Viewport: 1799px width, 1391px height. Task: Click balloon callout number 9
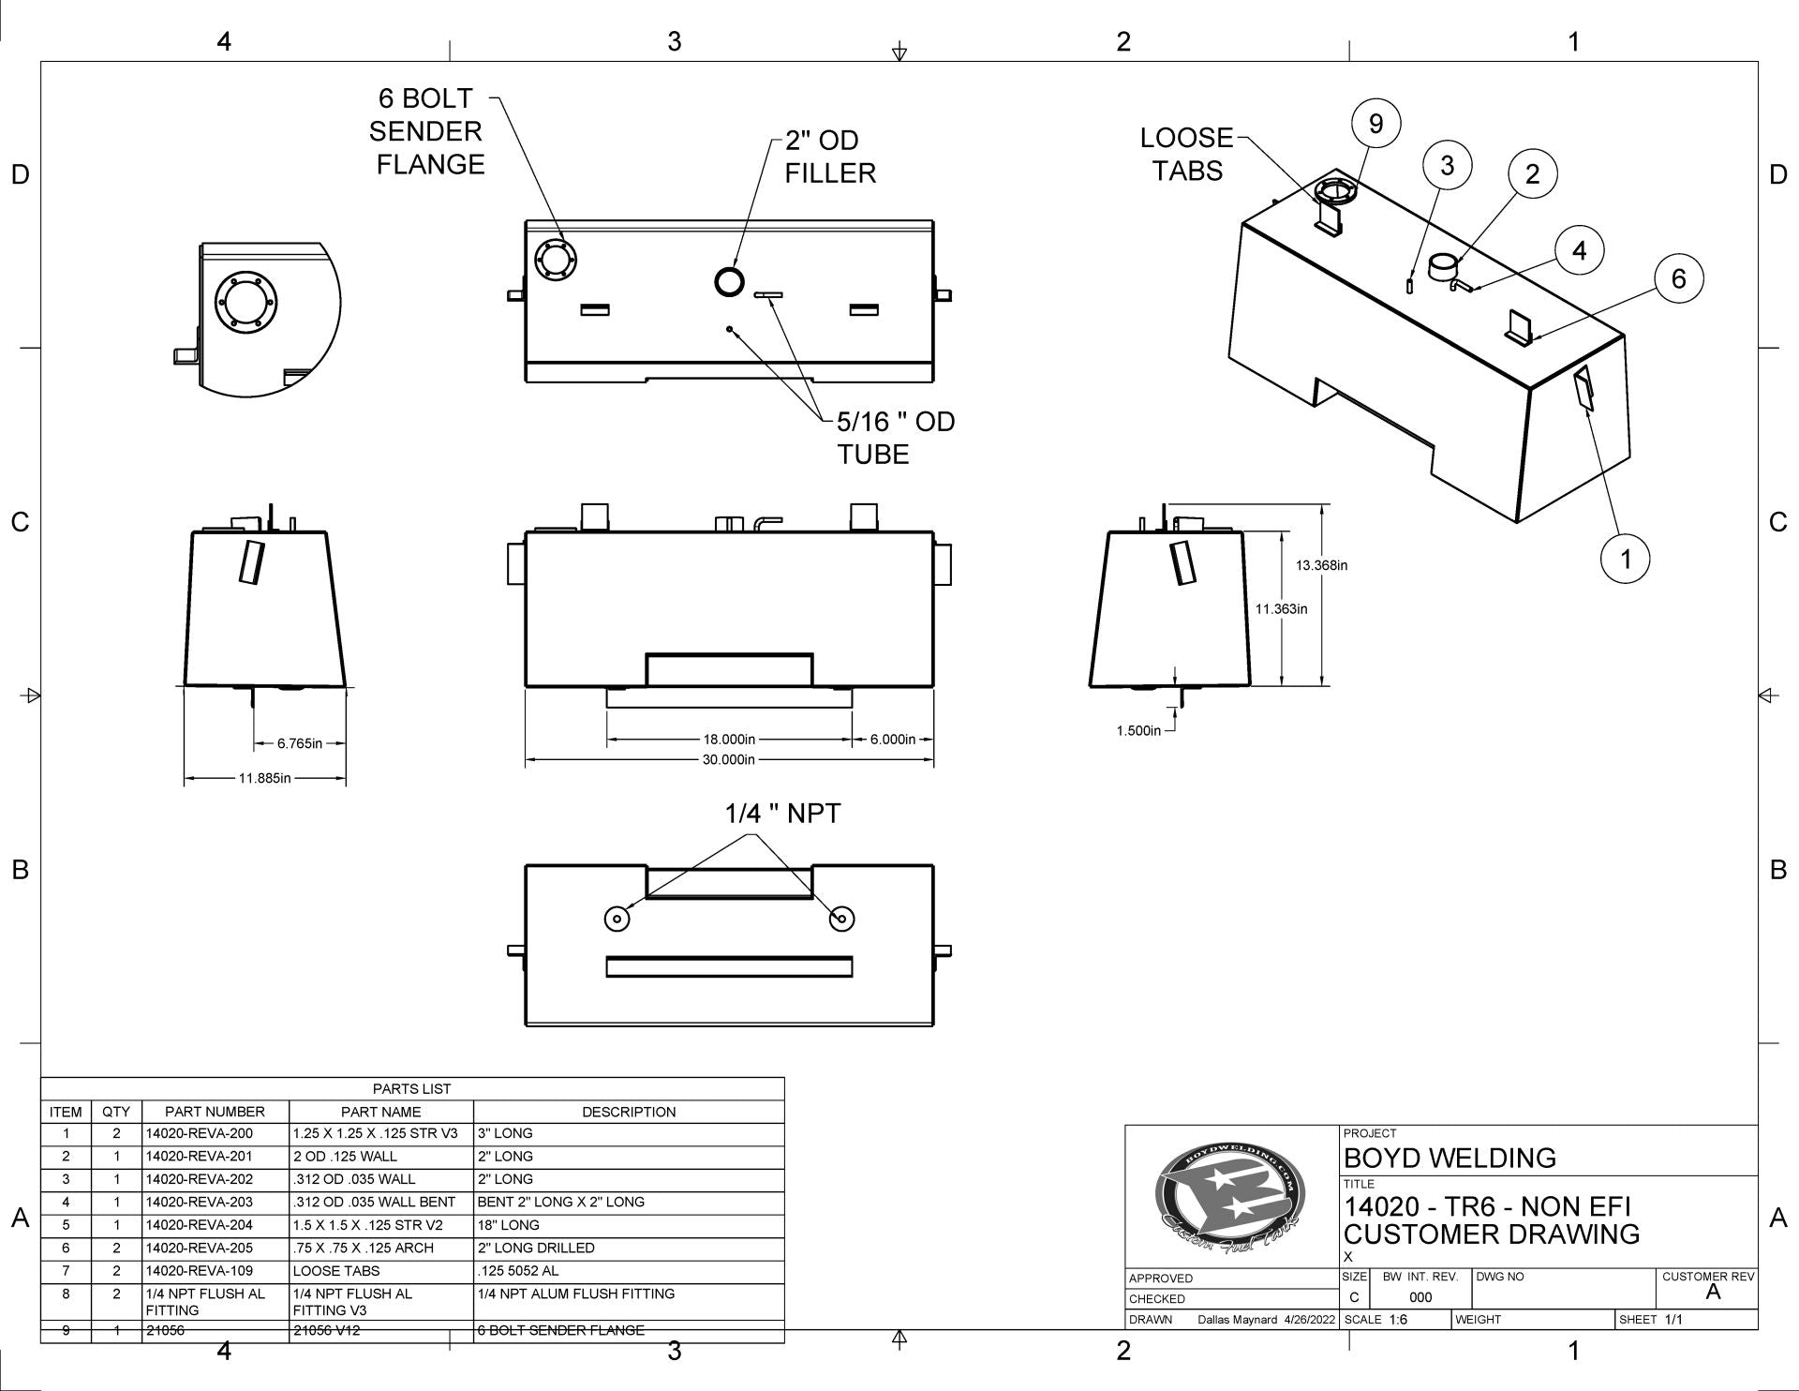click(x=1375, y=124)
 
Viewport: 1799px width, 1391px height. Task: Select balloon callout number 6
click(x=1678, y=278)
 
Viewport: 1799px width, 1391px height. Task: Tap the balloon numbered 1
click(x=1625, y=560)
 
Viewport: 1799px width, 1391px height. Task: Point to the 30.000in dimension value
click(x=728, y=759)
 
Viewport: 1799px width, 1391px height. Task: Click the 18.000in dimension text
click(x=729, y=740)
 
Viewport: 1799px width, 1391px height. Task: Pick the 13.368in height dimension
click(x=1321, y=565)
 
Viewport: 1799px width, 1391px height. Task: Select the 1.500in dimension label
click(x=1138, y=731)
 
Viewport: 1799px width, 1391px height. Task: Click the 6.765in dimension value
click(x=299, y=744)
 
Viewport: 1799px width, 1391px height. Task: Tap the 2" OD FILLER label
click(x=830, y=157)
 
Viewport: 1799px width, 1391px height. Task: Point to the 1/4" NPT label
click(x=783, y=814)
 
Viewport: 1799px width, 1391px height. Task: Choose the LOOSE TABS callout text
click(x=1187, y=155)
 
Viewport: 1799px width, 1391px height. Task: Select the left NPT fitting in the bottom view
click(x=617, y=919)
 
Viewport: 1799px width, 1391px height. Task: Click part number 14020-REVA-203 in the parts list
click(x=200, y=1202)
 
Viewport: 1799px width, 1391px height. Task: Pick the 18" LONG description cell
click(x=508, y=1225)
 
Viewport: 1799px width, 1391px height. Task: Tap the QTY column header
click(x=116, y=1112)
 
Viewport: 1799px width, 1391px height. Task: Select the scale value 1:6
click(x=1397, y=1320)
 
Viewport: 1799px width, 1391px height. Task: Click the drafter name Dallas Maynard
click(x=1237, y=1320)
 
